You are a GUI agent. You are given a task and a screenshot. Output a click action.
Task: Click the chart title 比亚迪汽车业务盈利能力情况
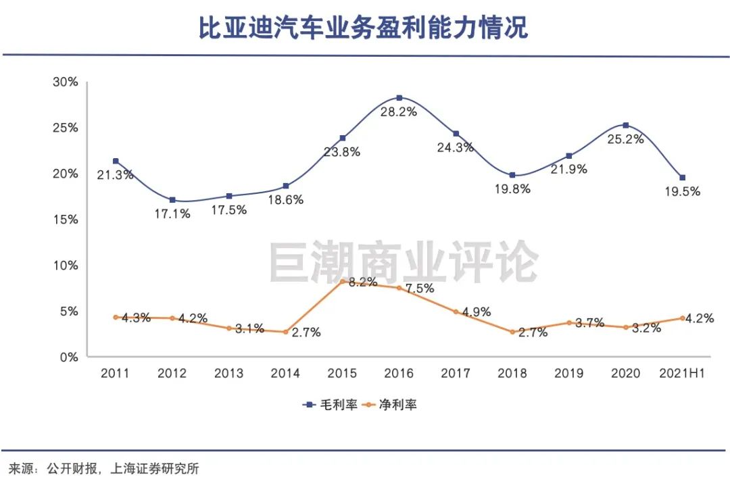pyautogui.click(x=363, y=28)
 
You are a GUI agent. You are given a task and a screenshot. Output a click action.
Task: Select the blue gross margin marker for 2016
pyautogui.click(x=399, y=98)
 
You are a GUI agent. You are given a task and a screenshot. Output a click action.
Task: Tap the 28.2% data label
pyautogui.click(x=399, y=112)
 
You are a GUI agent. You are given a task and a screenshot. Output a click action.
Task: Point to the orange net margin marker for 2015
pyautogui.click(x=342, y=282)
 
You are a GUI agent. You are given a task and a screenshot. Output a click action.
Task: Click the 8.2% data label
pyautogui.click(x=363, y=282)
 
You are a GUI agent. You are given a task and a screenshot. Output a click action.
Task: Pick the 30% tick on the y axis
pyautogui.click(x=65, y=82)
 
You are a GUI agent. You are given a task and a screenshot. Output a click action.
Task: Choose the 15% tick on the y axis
pyautogui.click(x=65, y=219)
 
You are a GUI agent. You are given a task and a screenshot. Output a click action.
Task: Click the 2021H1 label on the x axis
pyautogui.click(x=682, y=373)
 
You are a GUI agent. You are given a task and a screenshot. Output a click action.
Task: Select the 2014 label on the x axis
pyautogui.click(x=285, y=373)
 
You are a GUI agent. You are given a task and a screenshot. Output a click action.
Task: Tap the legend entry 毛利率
pyautogui.click(x=331, y=405)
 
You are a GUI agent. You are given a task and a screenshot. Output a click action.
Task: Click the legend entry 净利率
pyautogui.click(x=390, y=405)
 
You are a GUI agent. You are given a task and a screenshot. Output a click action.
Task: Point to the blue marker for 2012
pyautogui.click(x=172, y=200)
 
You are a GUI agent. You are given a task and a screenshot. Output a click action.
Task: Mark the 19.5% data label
pyautogui.click(x=683, y=191)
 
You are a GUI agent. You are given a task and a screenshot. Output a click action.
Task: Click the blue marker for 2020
pyautogui.click(x=626, y=125)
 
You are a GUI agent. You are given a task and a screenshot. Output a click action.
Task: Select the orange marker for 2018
pyautogui.click(x=512, y=332)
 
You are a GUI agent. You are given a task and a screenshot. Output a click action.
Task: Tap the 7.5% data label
pyautogui.click(x=420, y=289)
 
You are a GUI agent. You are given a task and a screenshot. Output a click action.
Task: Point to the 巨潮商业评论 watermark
pyautogui.click(x=404, y=262)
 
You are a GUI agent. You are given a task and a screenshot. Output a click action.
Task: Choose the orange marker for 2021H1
pyautogui.click(x=683, y=318)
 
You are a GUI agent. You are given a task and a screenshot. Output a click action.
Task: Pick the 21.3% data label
pyautogui.click(x=115, y=175)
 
